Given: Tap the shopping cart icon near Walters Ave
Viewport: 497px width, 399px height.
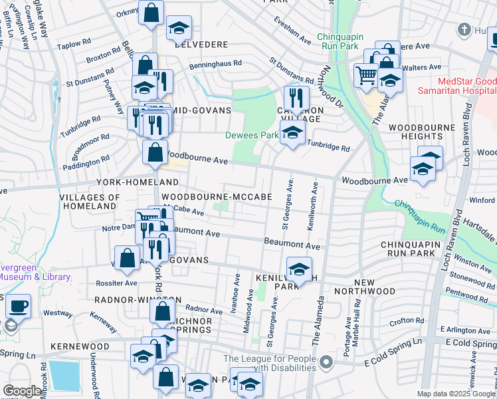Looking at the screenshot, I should click(366, 74).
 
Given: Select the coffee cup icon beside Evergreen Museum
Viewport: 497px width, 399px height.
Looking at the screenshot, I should click(19, 306).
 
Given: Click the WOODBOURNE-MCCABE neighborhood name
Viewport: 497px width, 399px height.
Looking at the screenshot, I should click(217, 198).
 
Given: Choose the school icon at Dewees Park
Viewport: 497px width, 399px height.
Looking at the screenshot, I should click(292, 132).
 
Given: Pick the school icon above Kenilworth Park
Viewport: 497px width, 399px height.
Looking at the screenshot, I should click(300, 269).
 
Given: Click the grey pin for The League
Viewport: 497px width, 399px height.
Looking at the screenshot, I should click(325, 362).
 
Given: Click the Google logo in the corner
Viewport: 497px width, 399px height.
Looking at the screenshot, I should click(22, 391).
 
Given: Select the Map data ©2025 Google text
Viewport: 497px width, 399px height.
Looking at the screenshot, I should click(456, 394).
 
